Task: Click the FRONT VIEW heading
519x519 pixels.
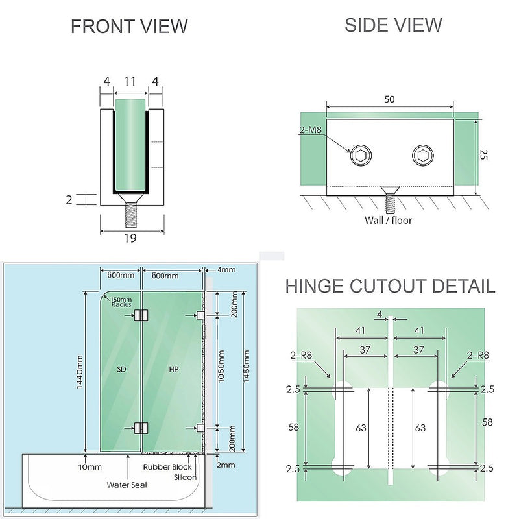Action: tap(129, 27)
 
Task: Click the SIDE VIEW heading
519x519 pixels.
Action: tap(393, 25)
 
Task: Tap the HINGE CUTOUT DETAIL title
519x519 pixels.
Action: tap(390, 286)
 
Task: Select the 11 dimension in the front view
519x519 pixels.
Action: tap(129, 82)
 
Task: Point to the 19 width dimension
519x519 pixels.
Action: tap(129, 238)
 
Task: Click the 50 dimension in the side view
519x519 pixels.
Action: tap(389, 99)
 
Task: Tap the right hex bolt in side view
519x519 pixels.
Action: tap(422, 156)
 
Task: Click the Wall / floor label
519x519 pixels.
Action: tap(388, 220)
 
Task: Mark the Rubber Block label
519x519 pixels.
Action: tap(167, 466)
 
